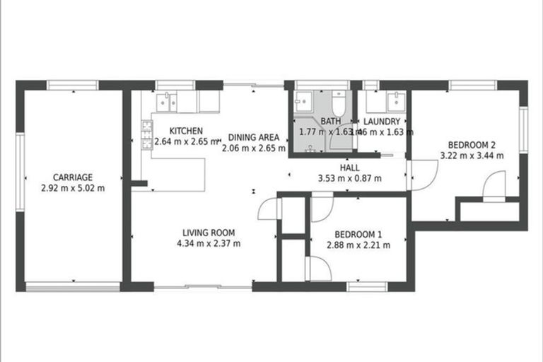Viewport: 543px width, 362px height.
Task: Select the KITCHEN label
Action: (187, 131)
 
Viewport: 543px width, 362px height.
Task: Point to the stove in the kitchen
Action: (148, 130)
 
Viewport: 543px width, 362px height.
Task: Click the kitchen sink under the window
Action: (168, 102)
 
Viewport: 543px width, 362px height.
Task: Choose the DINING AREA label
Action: (253, 137)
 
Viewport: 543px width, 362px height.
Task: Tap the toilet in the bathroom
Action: (338, 104)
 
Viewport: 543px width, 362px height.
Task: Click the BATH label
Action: (330, 122)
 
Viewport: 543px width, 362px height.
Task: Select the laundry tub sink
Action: (394, 100)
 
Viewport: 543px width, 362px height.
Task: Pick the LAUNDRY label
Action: (383, 122)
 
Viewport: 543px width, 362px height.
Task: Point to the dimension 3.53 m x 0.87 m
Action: (350, 178)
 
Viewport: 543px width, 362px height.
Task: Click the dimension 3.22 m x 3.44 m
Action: (471, 155)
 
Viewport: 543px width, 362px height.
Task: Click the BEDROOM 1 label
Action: (358, 234)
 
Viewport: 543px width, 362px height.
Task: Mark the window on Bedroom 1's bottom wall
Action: (366, 286)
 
